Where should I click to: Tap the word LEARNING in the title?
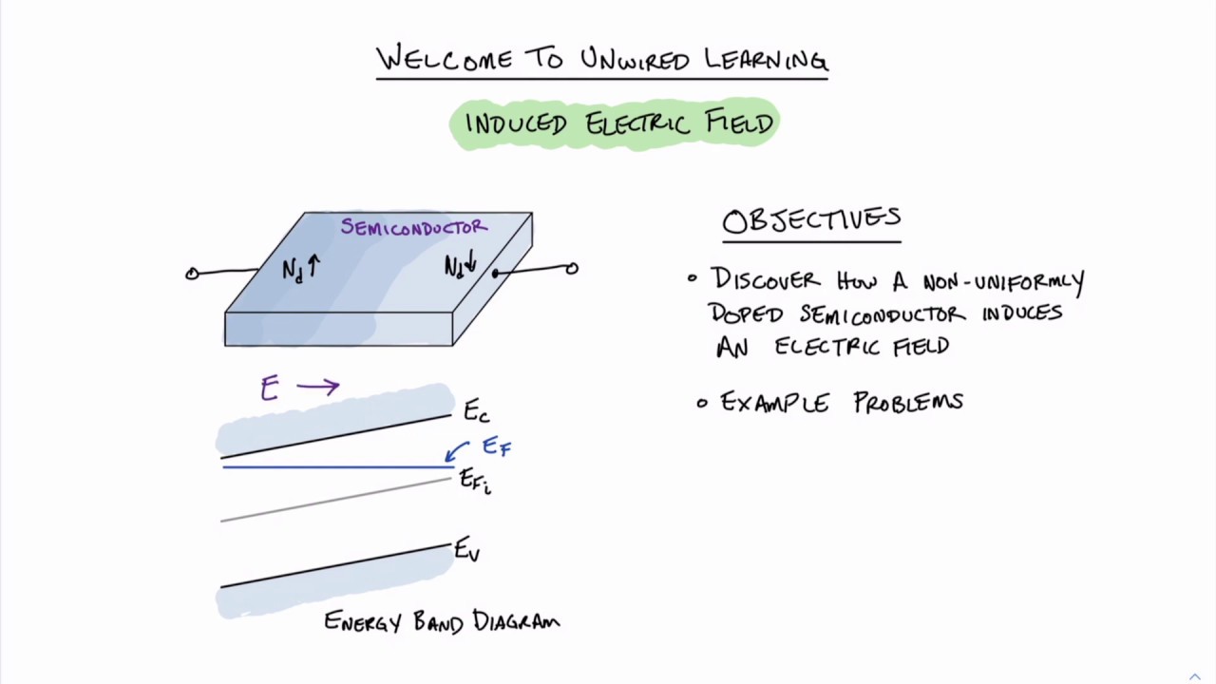(766, 60)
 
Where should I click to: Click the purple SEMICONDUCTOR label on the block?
(414, 227)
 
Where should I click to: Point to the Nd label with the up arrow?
(300, 269)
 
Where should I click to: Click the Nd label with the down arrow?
(460, 266)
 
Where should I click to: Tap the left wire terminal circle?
(192, 274)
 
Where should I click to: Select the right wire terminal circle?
(571, 269)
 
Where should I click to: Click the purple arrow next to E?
(317, 386)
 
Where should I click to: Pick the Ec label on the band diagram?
(476, 412)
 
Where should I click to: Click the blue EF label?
(496, 446)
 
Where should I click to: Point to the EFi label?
(474, 481)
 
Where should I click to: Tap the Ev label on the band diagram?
(466, 550)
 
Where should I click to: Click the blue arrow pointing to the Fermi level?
(457, 450)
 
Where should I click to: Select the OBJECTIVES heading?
(811, 220)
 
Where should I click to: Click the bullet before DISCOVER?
(693, 278)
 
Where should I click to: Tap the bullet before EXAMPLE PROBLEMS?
(702, 403)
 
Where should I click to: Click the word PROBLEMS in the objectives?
(908, 403)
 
